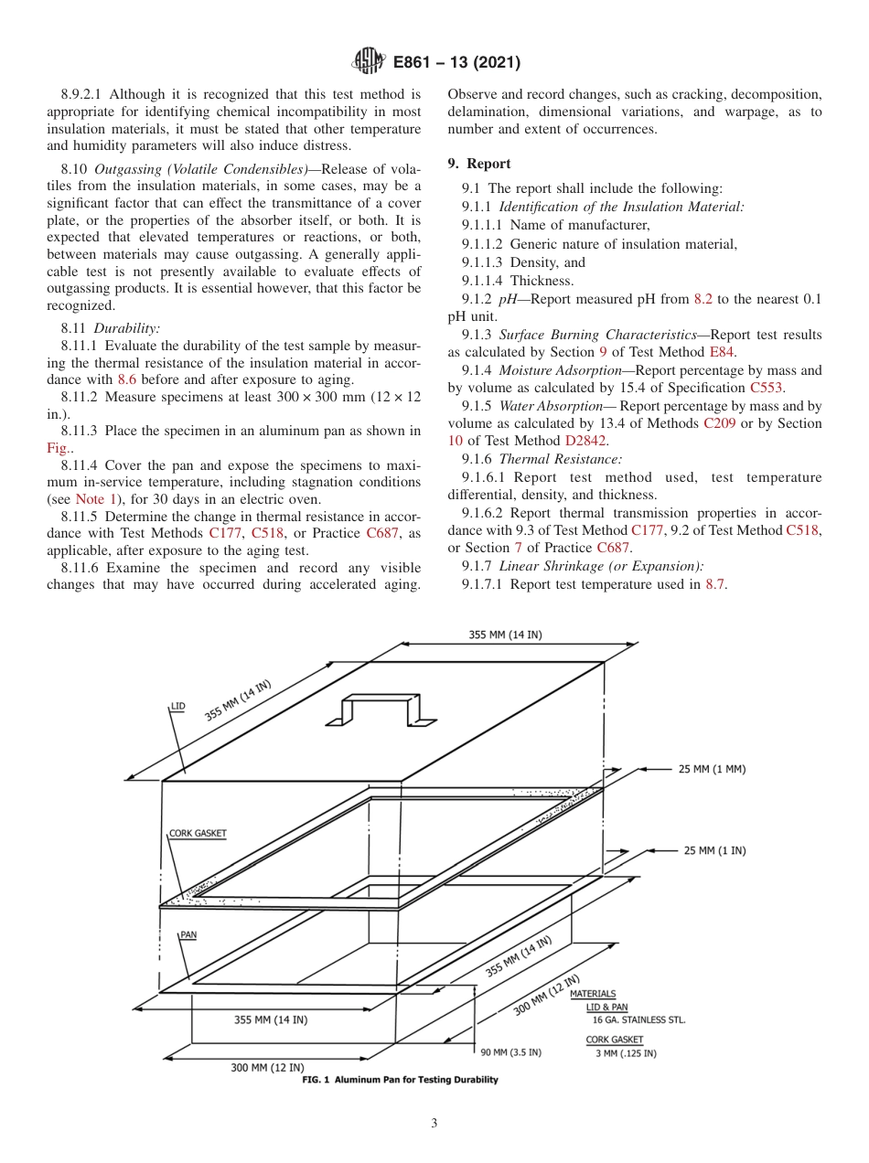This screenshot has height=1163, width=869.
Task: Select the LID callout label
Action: point(177,707)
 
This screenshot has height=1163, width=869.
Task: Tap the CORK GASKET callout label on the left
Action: point(197,833)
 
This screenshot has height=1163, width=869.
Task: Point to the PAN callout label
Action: point(188,934)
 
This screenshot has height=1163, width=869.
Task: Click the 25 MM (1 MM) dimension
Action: point(712,769)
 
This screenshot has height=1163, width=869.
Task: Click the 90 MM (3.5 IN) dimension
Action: point(510,1051)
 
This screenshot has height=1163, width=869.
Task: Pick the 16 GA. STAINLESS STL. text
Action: point(638,1019)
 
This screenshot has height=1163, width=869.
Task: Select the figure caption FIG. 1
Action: point(400,1080)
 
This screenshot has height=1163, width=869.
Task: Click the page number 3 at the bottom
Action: point(434,1123)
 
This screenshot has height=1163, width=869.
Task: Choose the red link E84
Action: point(720,352)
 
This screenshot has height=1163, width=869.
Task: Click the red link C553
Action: point(766,388)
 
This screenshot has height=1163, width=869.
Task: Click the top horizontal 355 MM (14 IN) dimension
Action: point(504,635)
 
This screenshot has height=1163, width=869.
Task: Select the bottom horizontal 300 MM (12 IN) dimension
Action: point(267,1067)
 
